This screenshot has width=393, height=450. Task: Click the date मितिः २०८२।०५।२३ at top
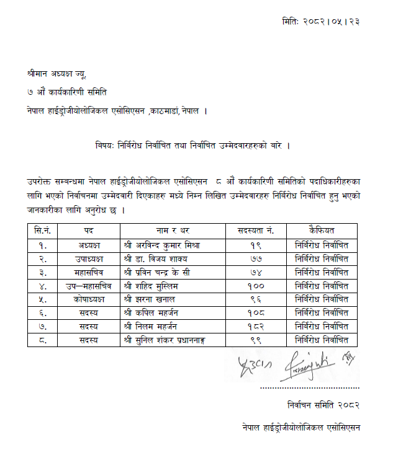(x=320, y=21)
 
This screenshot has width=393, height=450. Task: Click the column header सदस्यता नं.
(x=253, y=230)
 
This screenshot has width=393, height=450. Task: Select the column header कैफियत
(x=321, y=230)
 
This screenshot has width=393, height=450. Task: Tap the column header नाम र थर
(x=166, y=230)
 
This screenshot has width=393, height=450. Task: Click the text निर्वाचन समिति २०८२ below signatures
(x=323, y=405)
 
